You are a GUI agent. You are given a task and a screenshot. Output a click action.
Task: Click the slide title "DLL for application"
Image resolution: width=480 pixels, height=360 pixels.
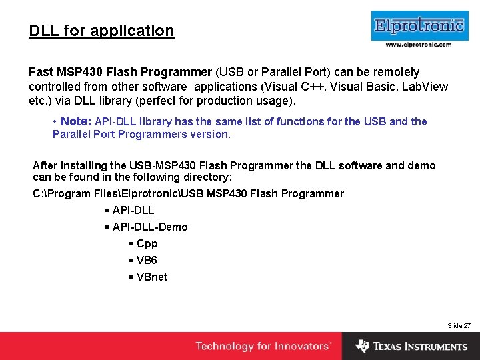[x=101, y=31]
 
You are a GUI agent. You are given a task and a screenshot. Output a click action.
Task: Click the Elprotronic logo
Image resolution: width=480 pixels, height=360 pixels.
[x=418, y=26]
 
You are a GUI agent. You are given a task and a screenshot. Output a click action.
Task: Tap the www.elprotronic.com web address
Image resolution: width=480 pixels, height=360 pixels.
[x=418, y=45]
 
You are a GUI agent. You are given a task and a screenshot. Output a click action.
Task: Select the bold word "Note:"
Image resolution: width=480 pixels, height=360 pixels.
[x=76, y=121]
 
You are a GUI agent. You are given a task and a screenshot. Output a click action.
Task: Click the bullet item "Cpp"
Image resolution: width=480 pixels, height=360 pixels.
[x=147, y=243]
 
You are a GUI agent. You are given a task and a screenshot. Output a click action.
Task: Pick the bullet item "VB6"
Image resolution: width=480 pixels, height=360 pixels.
[x=147, y=260]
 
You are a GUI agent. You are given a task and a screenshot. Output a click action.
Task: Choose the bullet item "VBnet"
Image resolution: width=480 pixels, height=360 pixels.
[x=151, y=277]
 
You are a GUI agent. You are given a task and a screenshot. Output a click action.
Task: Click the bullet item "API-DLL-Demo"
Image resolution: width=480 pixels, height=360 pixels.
[x=150, y=227]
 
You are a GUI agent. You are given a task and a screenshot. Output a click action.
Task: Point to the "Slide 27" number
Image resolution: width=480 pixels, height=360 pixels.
[x=459, y=325]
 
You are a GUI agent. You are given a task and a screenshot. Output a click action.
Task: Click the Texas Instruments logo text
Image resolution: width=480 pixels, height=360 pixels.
[x=420, y=347]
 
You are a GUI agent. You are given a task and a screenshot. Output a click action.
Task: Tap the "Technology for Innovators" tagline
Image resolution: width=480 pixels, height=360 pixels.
[x=263, y=346]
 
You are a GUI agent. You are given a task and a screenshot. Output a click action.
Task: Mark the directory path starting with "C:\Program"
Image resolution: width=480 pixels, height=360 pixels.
[x=188, y=193]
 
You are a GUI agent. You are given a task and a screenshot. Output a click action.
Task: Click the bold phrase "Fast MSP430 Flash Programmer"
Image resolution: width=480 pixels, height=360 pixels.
[x=120, y=72]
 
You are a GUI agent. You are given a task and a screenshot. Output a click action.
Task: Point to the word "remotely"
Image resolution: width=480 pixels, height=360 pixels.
[x=397, y=72]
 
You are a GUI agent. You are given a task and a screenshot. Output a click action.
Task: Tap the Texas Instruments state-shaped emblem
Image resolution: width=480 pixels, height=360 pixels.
[x=363, y=346]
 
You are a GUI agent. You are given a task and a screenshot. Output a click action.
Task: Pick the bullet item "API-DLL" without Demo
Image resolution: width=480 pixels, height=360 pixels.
[x=133, y=210]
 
